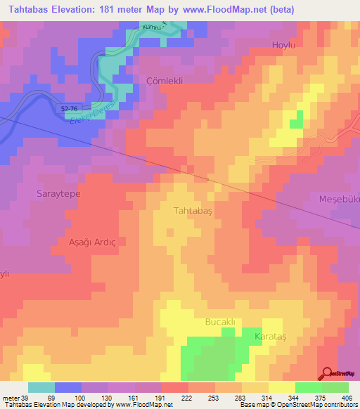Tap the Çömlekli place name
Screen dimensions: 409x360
coord(164,81)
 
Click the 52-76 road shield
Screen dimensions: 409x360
coord(70,108)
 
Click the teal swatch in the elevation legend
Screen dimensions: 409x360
coord(41,387)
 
